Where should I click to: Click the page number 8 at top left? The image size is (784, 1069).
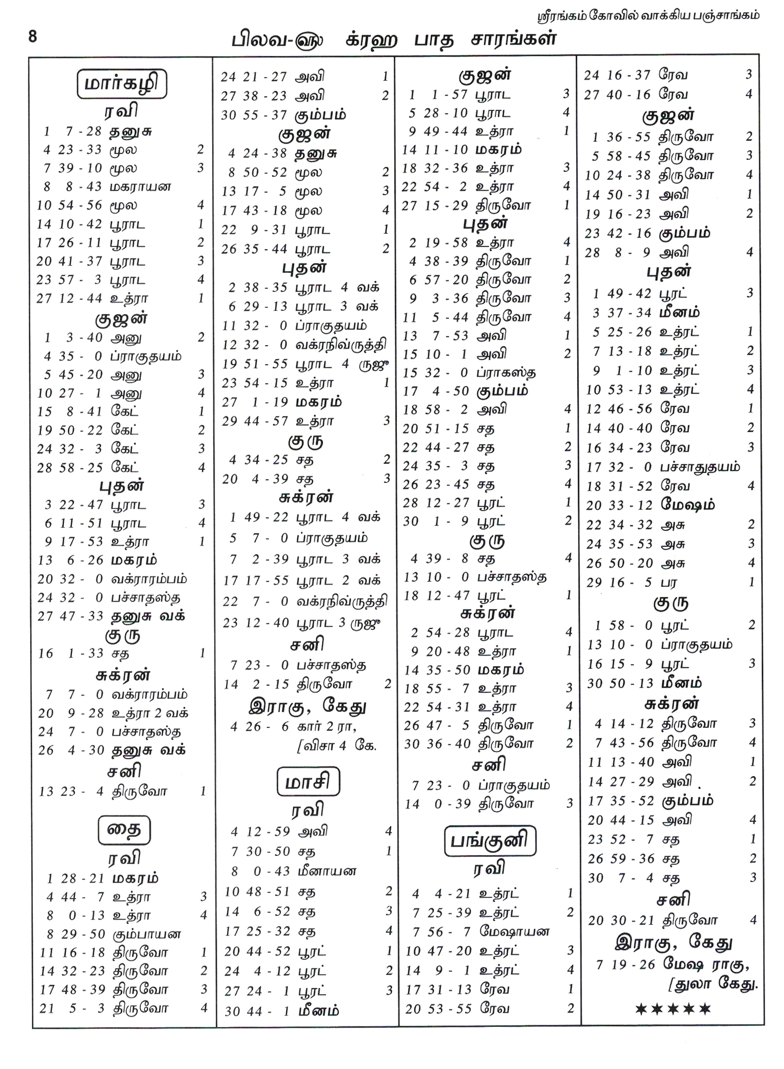tap(33, 37)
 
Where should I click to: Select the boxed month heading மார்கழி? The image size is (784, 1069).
tap(122, 84)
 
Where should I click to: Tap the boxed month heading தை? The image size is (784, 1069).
tap(124, 830)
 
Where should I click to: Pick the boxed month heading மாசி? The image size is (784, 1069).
tap(308, 782)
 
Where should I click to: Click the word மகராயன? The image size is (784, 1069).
tap(140, 186)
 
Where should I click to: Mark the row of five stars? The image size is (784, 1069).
tap(673, 1009)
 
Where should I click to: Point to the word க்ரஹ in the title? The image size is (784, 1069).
tap(371, 40)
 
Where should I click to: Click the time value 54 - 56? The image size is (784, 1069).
tap(81, 205)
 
